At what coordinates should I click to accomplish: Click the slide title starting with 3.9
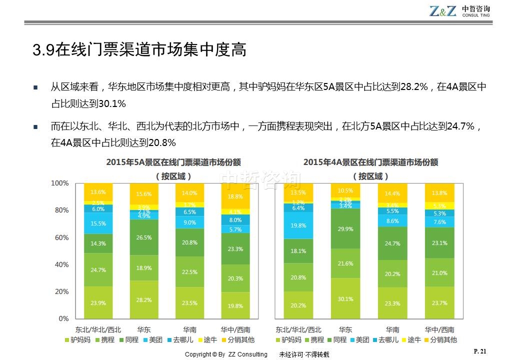pos(139,50)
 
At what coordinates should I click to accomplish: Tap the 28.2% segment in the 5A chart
pos(144,299)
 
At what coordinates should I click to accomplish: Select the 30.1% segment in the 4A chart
pos(345,298)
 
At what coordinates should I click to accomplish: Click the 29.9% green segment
pos(345,229)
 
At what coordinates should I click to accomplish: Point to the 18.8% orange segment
pos(235,196)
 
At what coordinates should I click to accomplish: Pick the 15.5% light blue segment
pos(98,223)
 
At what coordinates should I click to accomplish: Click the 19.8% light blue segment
pos(298,225)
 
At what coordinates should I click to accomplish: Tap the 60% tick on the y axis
pos(60,237)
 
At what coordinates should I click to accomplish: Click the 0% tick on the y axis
pos(63,318)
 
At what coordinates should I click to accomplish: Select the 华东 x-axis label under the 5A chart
pos(144,329)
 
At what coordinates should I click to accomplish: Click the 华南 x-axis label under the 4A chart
pos(392,329)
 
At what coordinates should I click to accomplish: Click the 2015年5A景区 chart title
pos(173,162)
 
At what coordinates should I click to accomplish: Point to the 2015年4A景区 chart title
pos(370,162)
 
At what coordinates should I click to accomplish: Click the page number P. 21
pos(479,351)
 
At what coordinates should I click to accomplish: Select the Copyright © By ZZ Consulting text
pos(226,354)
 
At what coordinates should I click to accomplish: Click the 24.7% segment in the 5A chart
pos(98,270)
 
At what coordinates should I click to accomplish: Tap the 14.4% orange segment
pos(392,193)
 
